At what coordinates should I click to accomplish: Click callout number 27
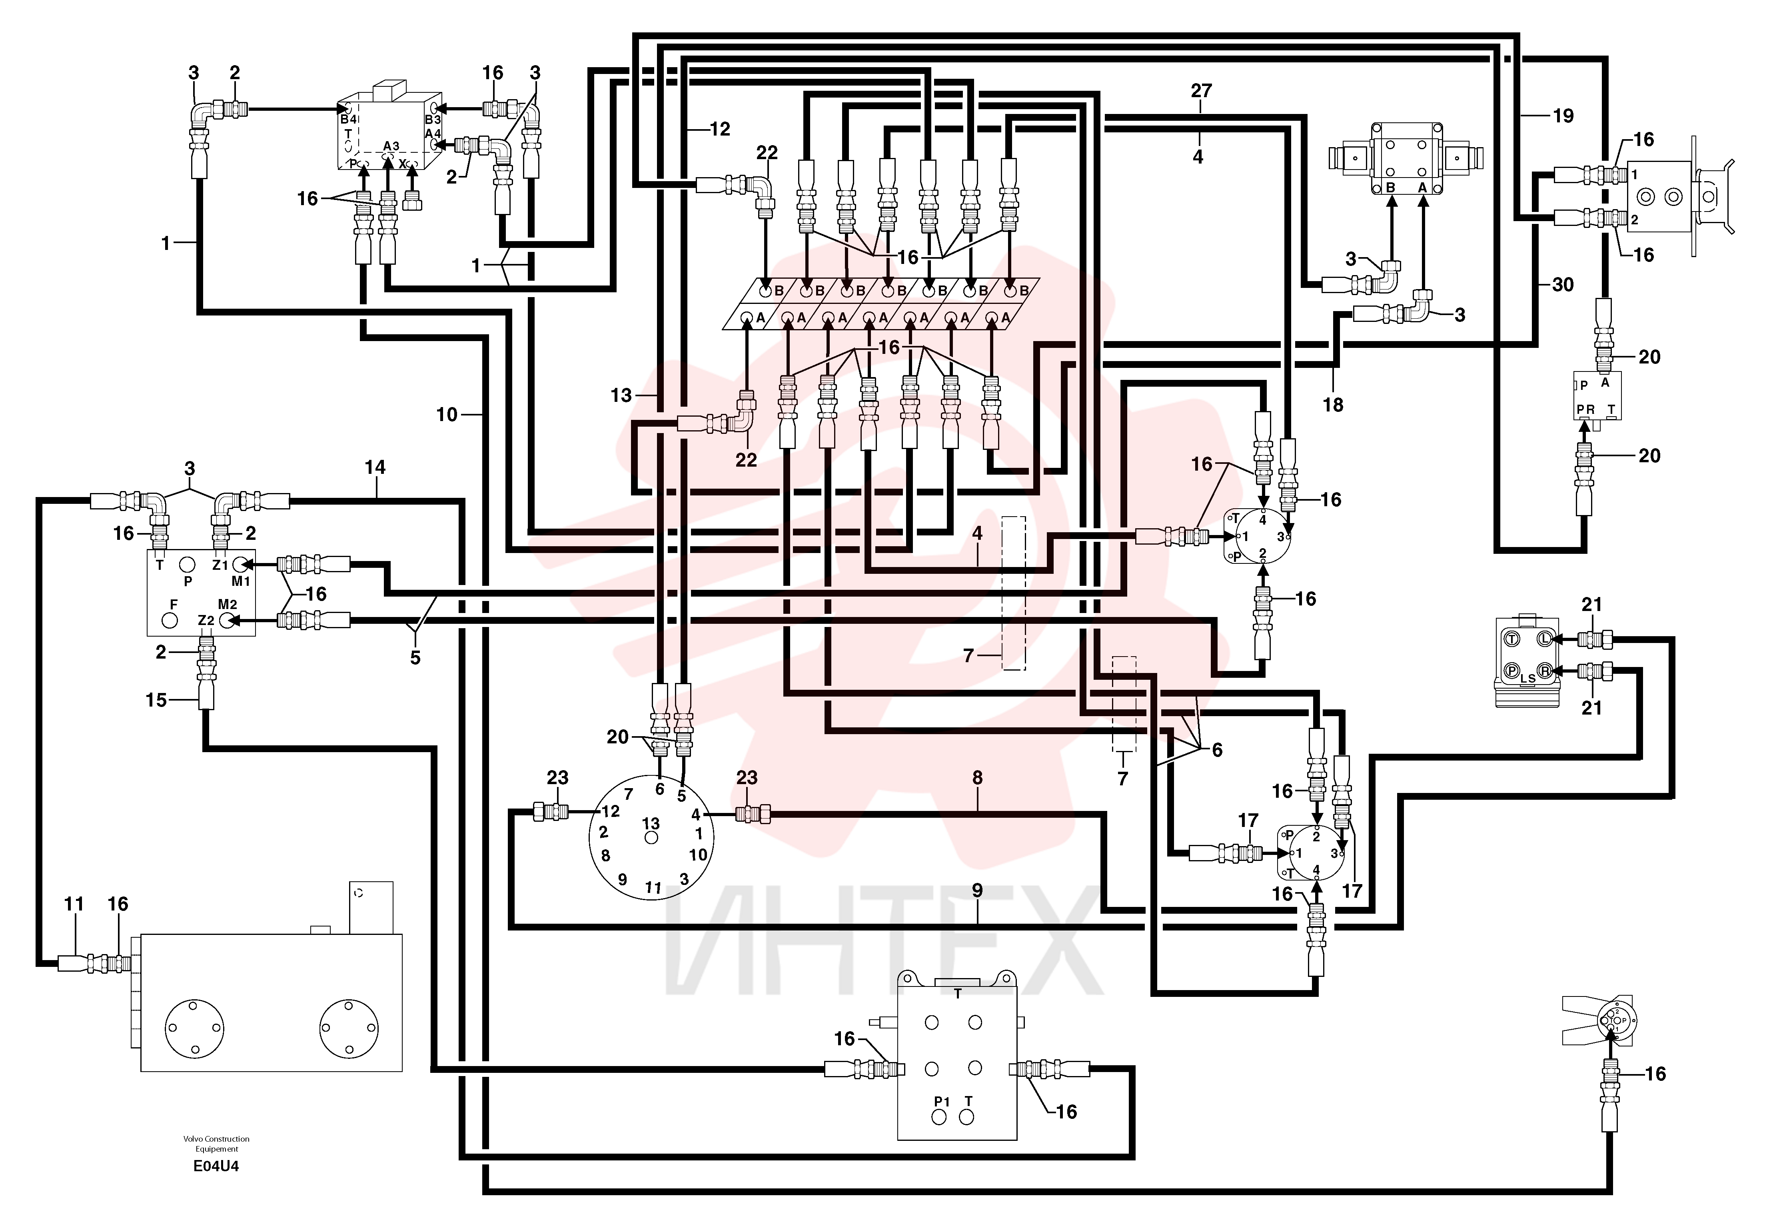point(1201,91)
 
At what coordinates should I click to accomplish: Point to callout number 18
point(1332,405)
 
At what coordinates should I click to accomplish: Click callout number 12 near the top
point(719,129)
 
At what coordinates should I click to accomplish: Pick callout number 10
point(447,415)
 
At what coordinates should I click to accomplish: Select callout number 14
point(375,467)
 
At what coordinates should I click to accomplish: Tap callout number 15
point(156,700)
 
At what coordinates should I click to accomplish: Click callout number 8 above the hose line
point(977,778)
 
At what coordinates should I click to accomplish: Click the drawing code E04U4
point(216,1166)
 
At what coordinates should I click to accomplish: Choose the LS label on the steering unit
point(1528,679)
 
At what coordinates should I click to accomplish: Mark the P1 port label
point(942,1101)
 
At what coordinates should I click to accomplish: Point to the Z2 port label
point(206,620)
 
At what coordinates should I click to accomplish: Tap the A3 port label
point(391,146)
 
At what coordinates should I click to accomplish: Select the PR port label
point(1585,409)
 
